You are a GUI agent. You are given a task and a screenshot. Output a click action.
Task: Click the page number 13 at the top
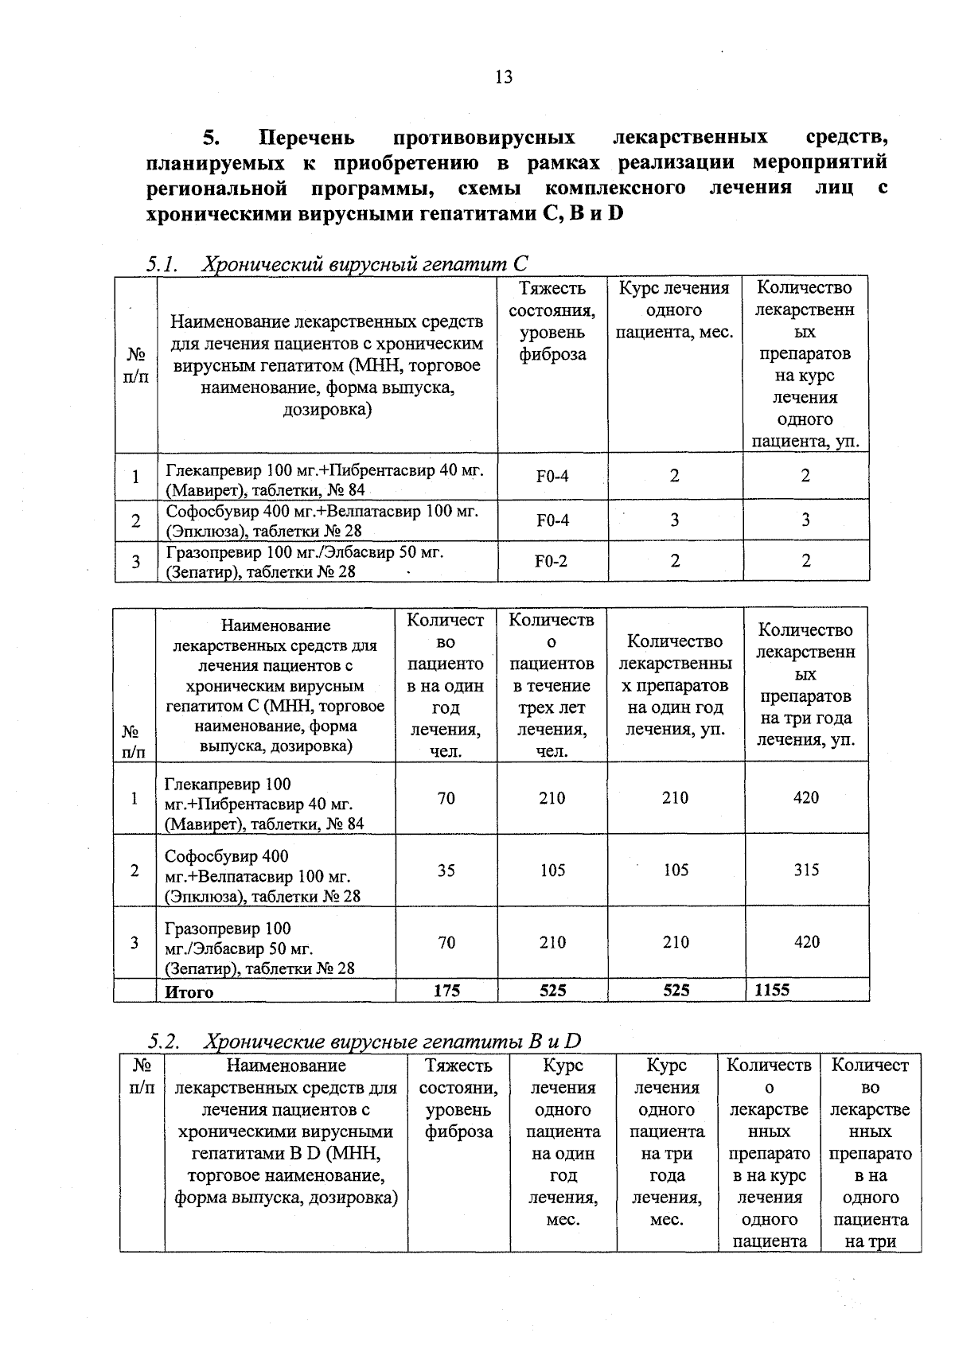[x=503, y=77]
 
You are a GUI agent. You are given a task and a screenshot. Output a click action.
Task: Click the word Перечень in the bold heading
[x=307, y=138]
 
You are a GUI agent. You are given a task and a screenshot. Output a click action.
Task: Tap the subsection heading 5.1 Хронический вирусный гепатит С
[x=337, y=263]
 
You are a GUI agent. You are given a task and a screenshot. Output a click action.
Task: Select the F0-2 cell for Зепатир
[x=552, y=561]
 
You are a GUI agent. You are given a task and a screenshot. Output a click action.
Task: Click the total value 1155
[x=772, y=990]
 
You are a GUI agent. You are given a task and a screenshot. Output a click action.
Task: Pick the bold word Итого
[x=189, y=992]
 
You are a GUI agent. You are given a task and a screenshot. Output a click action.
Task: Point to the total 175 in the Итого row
[x=446, y=991]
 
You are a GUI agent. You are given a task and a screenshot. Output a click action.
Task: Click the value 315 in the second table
[x=806, y=870]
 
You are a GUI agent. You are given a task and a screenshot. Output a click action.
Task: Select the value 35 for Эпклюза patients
[x=446, y=870]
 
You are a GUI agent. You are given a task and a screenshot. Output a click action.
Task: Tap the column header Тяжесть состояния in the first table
[x=552, y=321]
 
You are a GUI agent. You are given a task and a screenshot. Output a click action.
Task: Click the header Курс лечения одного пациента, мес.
[x=675, y=310]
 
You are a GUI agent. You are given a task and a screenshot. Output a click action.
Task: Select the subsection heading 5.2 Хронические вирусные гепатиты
[x=364, y=1041]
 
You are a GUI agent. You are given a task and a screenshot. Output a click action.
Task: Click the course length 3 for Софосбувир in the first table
[x=675, y=520]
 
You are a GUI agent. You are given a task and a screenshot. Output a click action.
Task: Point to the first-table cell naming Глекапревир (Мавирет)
[x=325, y=479]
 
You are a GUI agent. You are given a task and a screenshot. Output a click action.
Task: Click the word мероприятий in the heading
[x=820, y=163]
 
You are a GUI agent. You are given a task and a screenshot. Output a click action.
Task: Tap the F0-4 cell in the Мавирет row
[x=552, y=477]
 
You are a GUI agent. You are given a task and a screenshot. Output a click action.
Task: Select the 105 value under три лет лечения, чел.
[x=552, y=870]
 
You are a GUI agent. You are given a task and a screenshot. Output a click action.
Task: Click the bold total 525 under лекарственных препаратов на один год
[x=676, y=991]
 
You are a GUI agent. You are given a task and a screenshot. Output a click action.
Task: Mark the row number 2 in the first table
[x=136, y=520]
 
